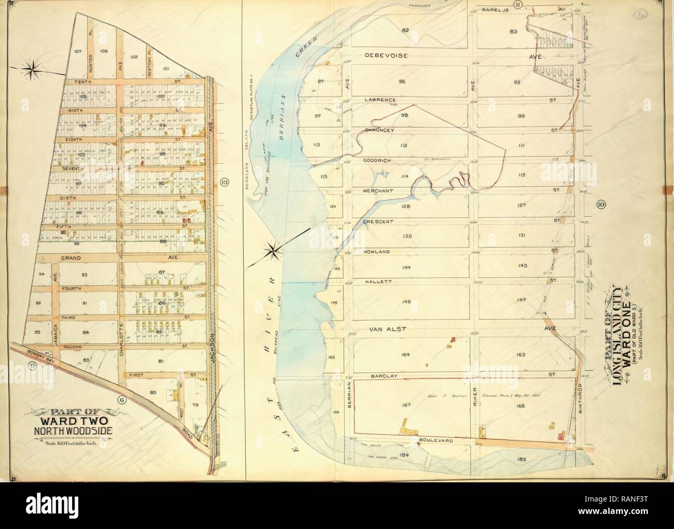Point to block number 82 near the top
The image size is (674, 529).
coord(405,31)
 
